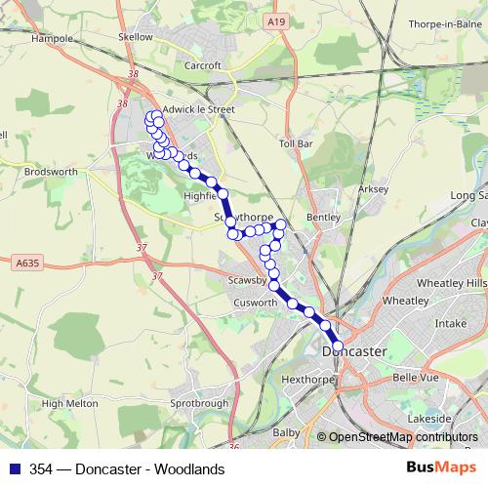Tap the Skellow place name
coord(136,36)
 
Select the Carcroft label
coord(204,66)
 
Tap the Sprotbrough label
coord(198,401)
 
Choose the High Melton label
coord(70,402)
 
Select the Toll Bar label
coord(295,142)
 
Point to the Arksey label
coord(374,188)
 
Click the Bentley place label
coord(324,217)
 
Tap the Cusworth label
coord(257,303)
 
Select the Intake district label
coord(450,321)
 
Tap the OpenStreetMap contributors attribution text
coord(402,437)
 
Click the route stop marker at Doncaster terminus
coord(338,346)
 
